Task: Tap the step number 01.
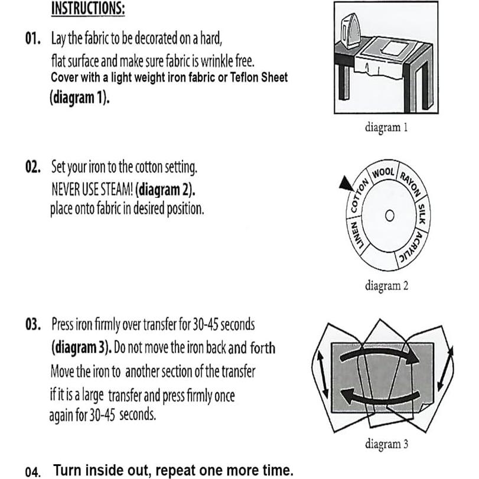(33, 40)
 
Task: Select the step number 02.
(33, 167)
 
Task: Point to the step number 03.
(33, 325)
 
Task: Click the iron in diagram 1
(353, 32)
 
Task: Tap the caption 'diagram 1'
(386, 126)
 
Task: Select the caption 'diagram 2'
(386, 286)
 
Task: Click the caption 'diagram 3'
(386, 444)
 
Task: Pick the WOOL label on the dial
(383, 172)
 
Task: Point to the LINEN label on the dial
(358, 236)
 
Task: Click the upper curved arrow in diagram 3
(378, 352)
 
